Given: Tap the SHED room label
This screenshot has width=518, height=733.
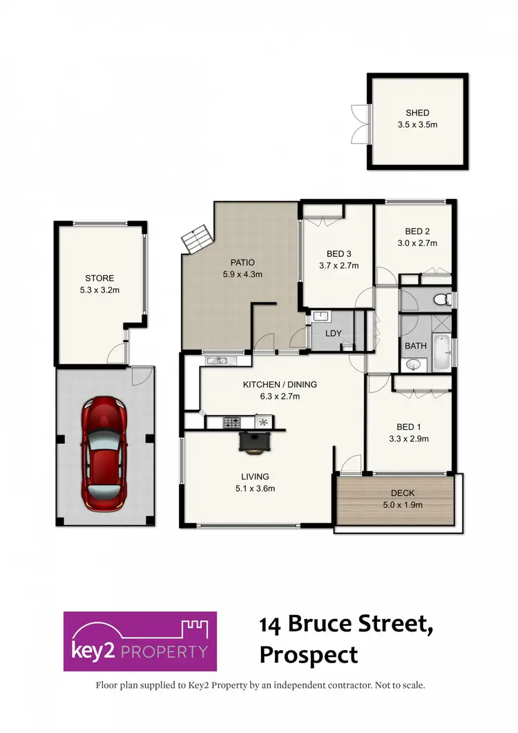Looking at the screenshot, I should click(417, 113).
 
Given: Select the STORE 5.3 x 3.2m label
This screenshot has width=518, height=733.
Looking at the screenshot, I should click(100, 285).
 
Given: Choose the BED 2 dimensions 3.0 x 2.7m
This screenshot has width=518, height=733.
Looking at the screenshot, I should click(416, 242).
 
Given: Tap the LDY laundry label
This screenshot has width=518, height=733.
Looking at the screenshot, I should click(334, 333).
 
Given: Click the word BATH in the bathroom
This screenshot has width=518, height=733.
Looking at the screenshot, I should click(416, 345).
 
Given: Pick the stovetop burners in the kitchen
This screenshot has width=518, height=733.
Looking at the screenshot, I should click(231, 421).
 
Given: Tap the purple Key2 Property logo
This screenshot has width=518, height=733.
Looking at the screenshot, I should click(140, 641).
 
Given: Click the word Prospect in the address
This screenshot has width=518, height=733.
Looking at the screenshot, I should click(309, 654).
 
